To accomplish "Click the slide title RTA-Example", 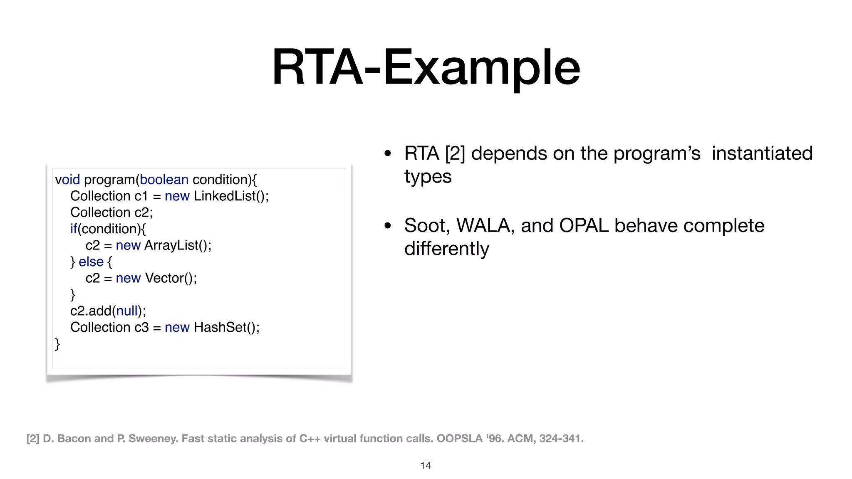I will pos(426,67).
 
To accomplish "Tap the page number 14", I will pos(426,466).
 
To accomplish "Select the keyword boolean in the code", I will pos(164,180).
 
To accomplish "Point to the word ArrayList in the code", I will pos(171,245).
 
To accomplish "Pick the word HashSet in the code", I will pos(220,327).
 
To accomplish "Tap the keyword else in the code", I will pos(91,262).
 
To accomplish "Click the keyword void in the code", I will pos(67,180).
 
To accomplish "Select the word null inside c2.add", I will pos(127,311).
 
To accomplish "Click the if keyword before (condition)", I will pos(74,229).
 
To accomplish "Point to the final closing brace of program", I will pos(57,344).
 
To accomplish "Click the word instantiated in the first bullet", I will pos(762,153).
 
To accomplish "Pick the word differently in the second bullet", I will pos(446,249).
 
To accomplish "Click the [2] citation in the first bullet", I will pos(455,153).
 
